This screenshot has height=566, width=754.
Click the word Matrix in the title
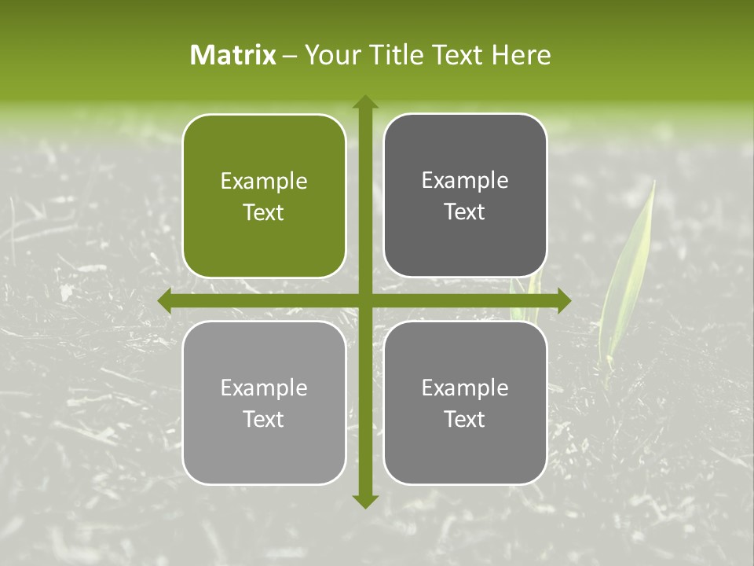pos(233,55)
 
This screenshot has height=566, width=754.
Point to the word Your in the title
pos(329,55)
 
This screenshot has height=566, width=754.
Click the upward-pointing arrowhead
pos(364,103)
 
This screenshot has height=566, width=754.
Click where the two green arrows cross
pos(364,300)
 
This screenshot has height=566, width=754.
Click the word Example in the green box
pos(264,182)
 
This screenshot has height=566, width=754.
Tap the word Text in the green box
pos(264,212)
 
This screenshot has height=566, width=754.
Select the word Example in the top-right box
pos(465,181)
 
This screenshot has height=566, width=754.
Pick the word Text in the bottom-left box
pos(264,419)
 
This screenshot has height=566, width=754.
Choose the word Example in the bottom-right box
pos(465,388)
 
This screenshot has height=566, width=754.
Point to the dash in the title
pos(290,56)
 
